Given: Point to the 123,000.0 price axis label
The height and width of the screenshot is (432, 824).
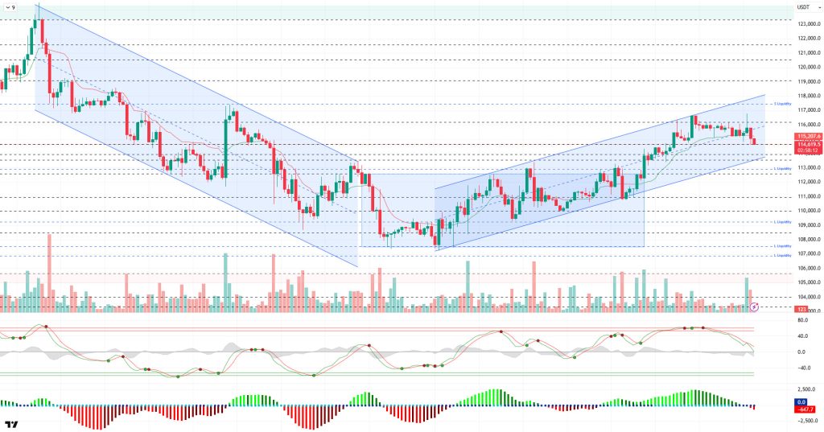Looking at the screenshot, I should click(808, 24).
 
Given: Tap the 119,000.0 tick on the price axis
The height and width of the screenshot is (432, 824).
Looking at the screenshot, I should click(808, 81).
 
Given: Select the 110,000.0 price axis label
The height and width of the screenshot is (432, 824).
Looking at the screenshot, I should click(808, 211).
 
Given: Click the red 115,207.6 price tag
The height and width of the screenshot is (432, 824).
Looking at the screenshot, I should click(808, 137).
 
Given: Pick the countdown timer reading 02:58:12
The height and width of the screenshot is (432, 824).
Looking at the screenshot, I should click(808, 150).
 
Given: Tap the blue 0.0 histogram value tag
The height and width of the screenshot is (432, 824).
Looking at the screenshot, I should click(801, 401).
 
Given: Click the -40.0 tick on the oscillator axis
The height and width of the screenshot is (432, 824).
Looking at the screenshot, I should click(803, 368).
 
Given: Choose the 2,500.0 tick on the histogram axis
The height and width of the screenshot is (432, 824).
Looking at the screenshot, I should click(806, 388).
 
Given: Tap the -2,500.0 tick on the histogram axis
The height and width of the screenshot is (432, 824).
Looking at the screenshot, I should click(806, 420).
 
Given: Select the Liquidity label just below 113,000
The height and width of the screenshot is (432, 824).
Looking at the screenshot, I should click(780, 169).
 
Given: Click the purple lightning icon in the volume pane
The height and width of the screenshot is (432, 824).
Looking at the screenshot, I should click(754, 307).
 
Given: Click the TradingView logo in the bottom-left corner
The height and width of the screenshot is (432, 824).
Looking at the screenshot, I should click(12, 424).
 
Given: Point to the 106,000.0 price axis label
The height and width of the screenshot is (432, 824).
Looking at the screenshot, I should click(808, 268).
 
